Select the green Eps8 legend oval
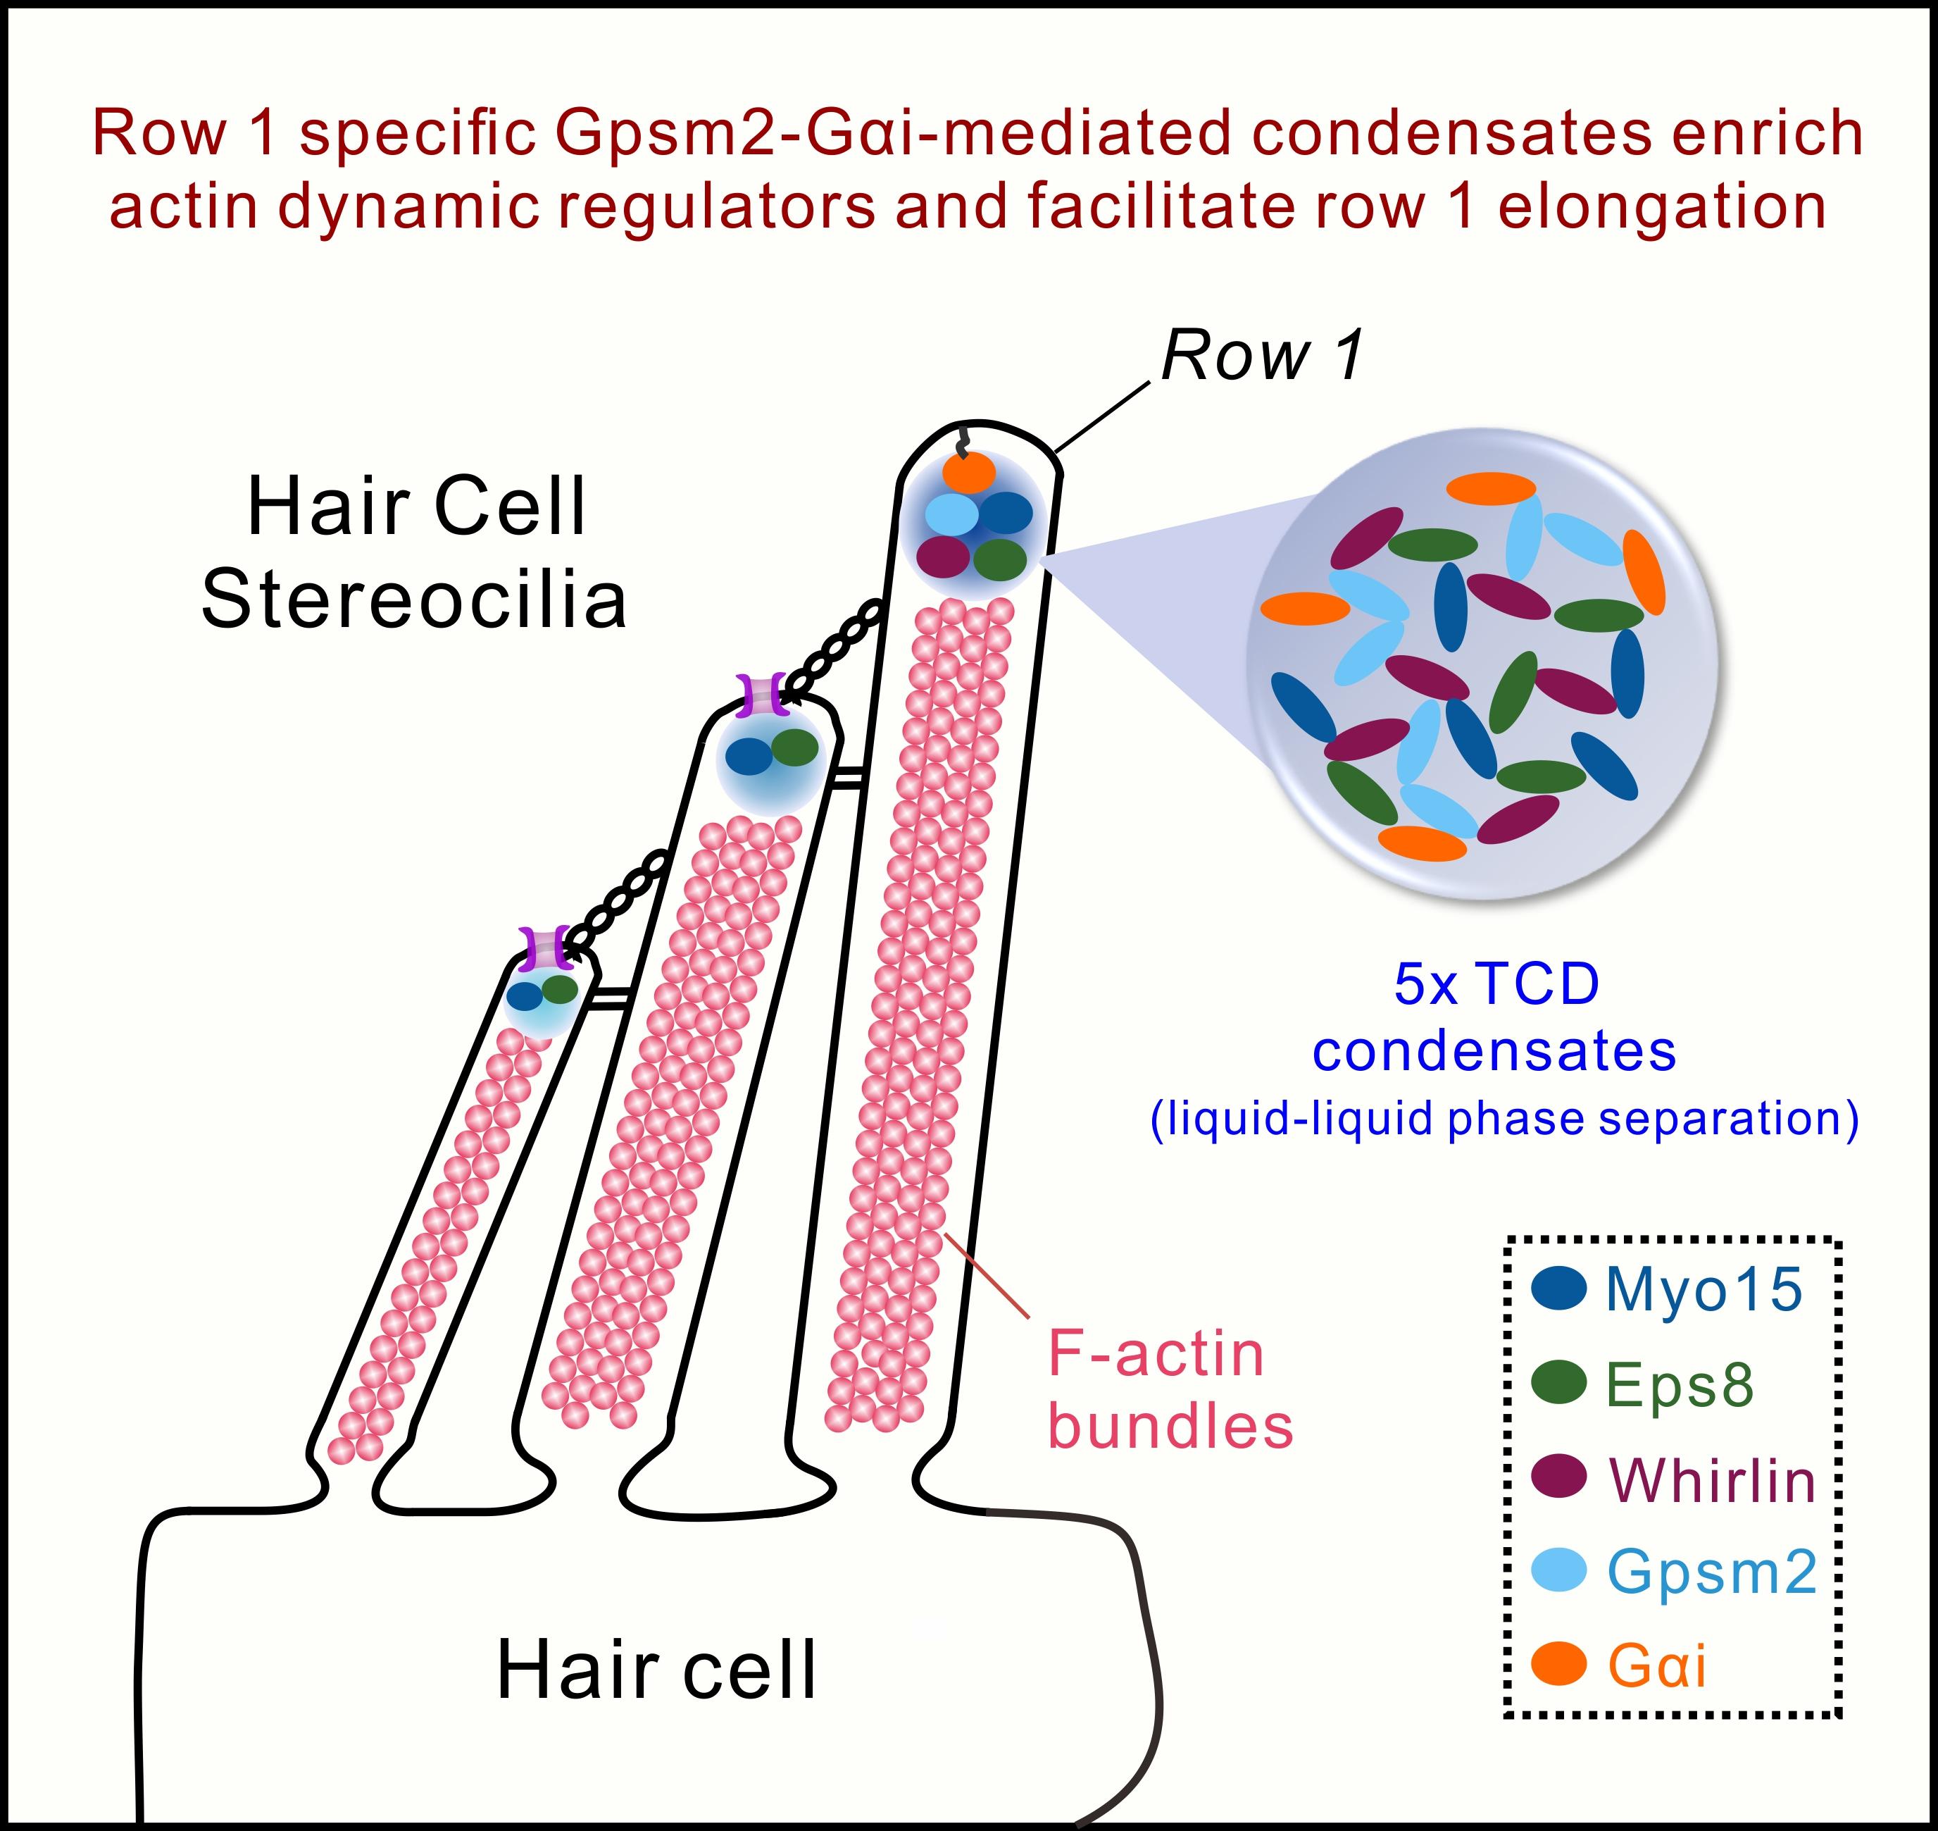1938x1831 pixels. (1558, 1383)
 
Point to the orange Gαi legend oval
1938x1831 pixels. (1558, 1664)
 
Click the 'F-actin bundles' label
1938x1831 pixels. (1169, 1391)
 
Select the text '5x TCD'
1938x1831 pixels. (1496, 983)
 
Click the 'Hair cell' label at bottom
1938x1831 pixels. (656, 1670)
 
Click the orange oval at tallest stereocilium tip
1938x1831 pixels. (969, 473)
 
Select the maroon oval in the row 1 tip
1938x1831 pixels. (944, 557)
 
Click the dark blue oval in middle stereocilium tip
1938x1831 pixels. (749, 755)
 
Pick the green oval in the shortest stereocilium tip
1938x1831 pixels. (559, 988)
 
